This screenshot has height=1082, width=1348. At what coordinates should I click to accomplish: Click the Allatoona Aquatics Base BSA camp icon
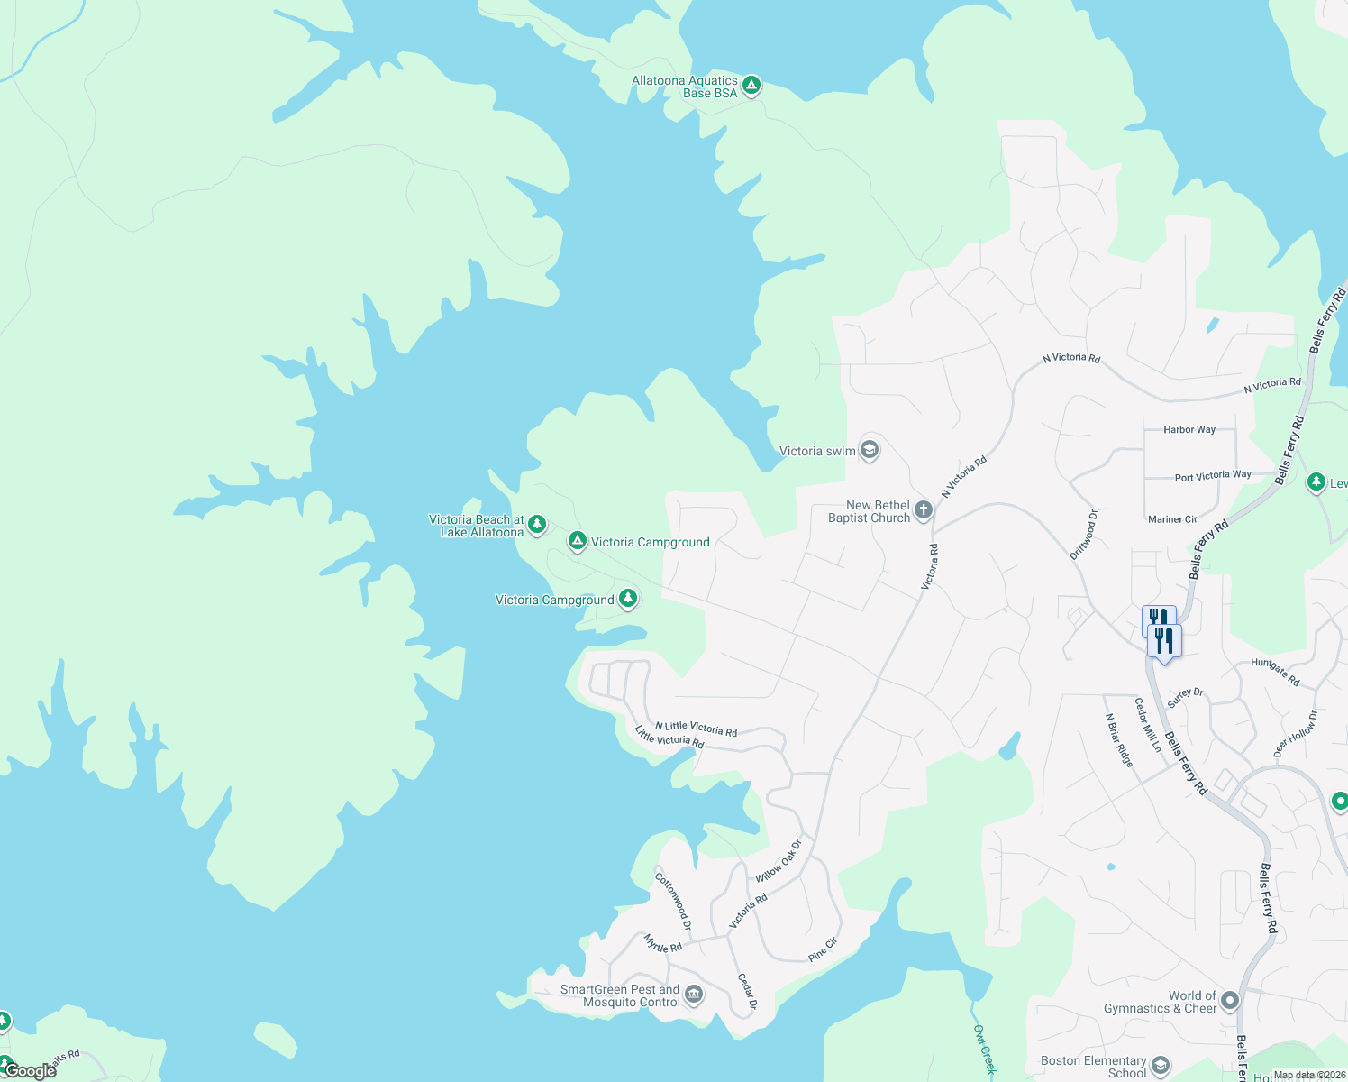751,87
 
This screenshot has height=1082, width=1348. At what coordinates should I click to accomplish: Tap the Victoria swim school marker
870,450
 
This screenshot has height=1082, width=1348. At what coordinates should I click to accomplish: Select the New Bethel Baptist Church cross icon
924,511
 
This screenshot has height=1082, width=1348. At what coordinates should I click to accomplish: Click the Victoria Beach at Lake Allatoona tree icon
537,525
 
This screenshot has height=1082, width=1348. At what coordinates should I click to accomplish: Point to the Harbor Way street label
1189,430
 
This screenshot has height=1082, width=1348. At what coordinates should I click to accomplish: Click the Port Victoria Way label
1213,476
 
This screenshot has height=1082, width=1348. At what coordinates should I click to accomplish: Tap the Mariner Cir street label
1172,519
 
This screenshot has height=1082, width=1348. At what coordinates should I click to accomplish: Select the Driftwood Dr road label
1084,535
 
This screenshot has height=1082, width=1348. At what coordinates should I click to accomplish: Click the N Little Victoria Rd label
696,729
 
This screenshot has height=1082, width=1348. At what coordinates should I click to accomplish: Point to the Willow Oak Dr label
779,862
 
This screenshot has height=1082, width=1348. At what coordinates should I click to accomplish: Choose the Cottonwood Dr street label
673,901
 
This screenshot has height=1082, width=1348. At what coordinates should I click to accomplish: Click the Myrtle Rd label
663,943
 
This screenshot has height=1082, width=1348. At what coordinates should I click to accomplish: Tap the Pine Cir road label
823,949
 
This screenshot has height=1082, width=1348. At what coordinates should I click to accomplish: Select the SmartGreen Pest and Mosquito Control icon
694,995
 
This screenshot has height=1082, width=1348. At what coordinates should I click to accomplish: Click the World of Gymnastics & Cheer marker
1230,1002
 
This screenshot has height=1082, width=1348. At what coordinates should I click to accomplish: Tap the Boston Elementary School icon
1161,1067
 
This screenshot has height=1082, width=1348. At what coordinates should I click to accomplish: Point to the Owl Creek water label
984,1050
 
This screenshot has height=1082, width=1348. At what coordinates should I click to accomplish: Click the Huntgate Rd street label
1275,672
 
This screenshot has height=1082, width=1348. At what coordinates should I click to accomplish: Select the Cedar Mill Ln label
1147,725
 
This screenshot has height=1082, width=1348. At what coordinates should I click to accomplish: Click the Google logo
30,1071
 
